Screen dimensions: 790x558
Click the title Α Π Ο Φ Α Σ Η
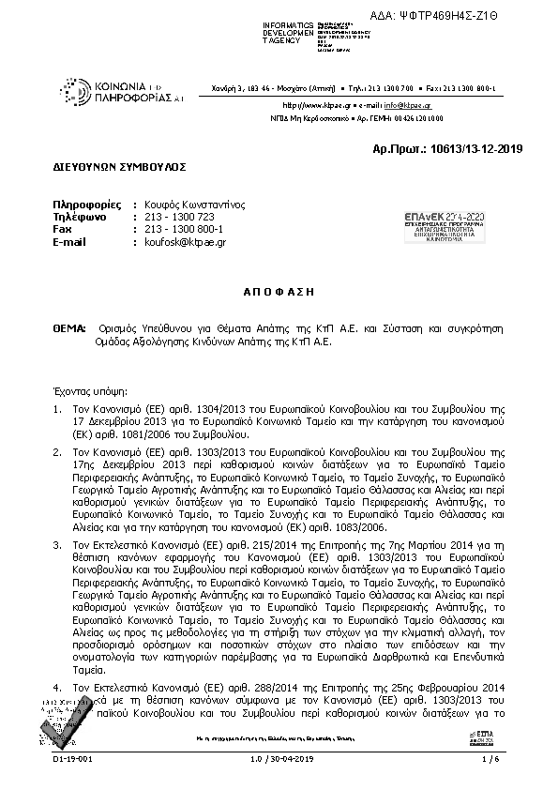tap(279, 292)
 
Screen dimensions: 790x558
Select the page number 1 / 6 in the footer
tap(488, 772)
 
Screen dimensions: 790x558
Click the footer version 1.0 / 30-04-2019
tap(279, 772)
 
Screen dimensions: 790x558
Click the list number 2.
tap(56, 452)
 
